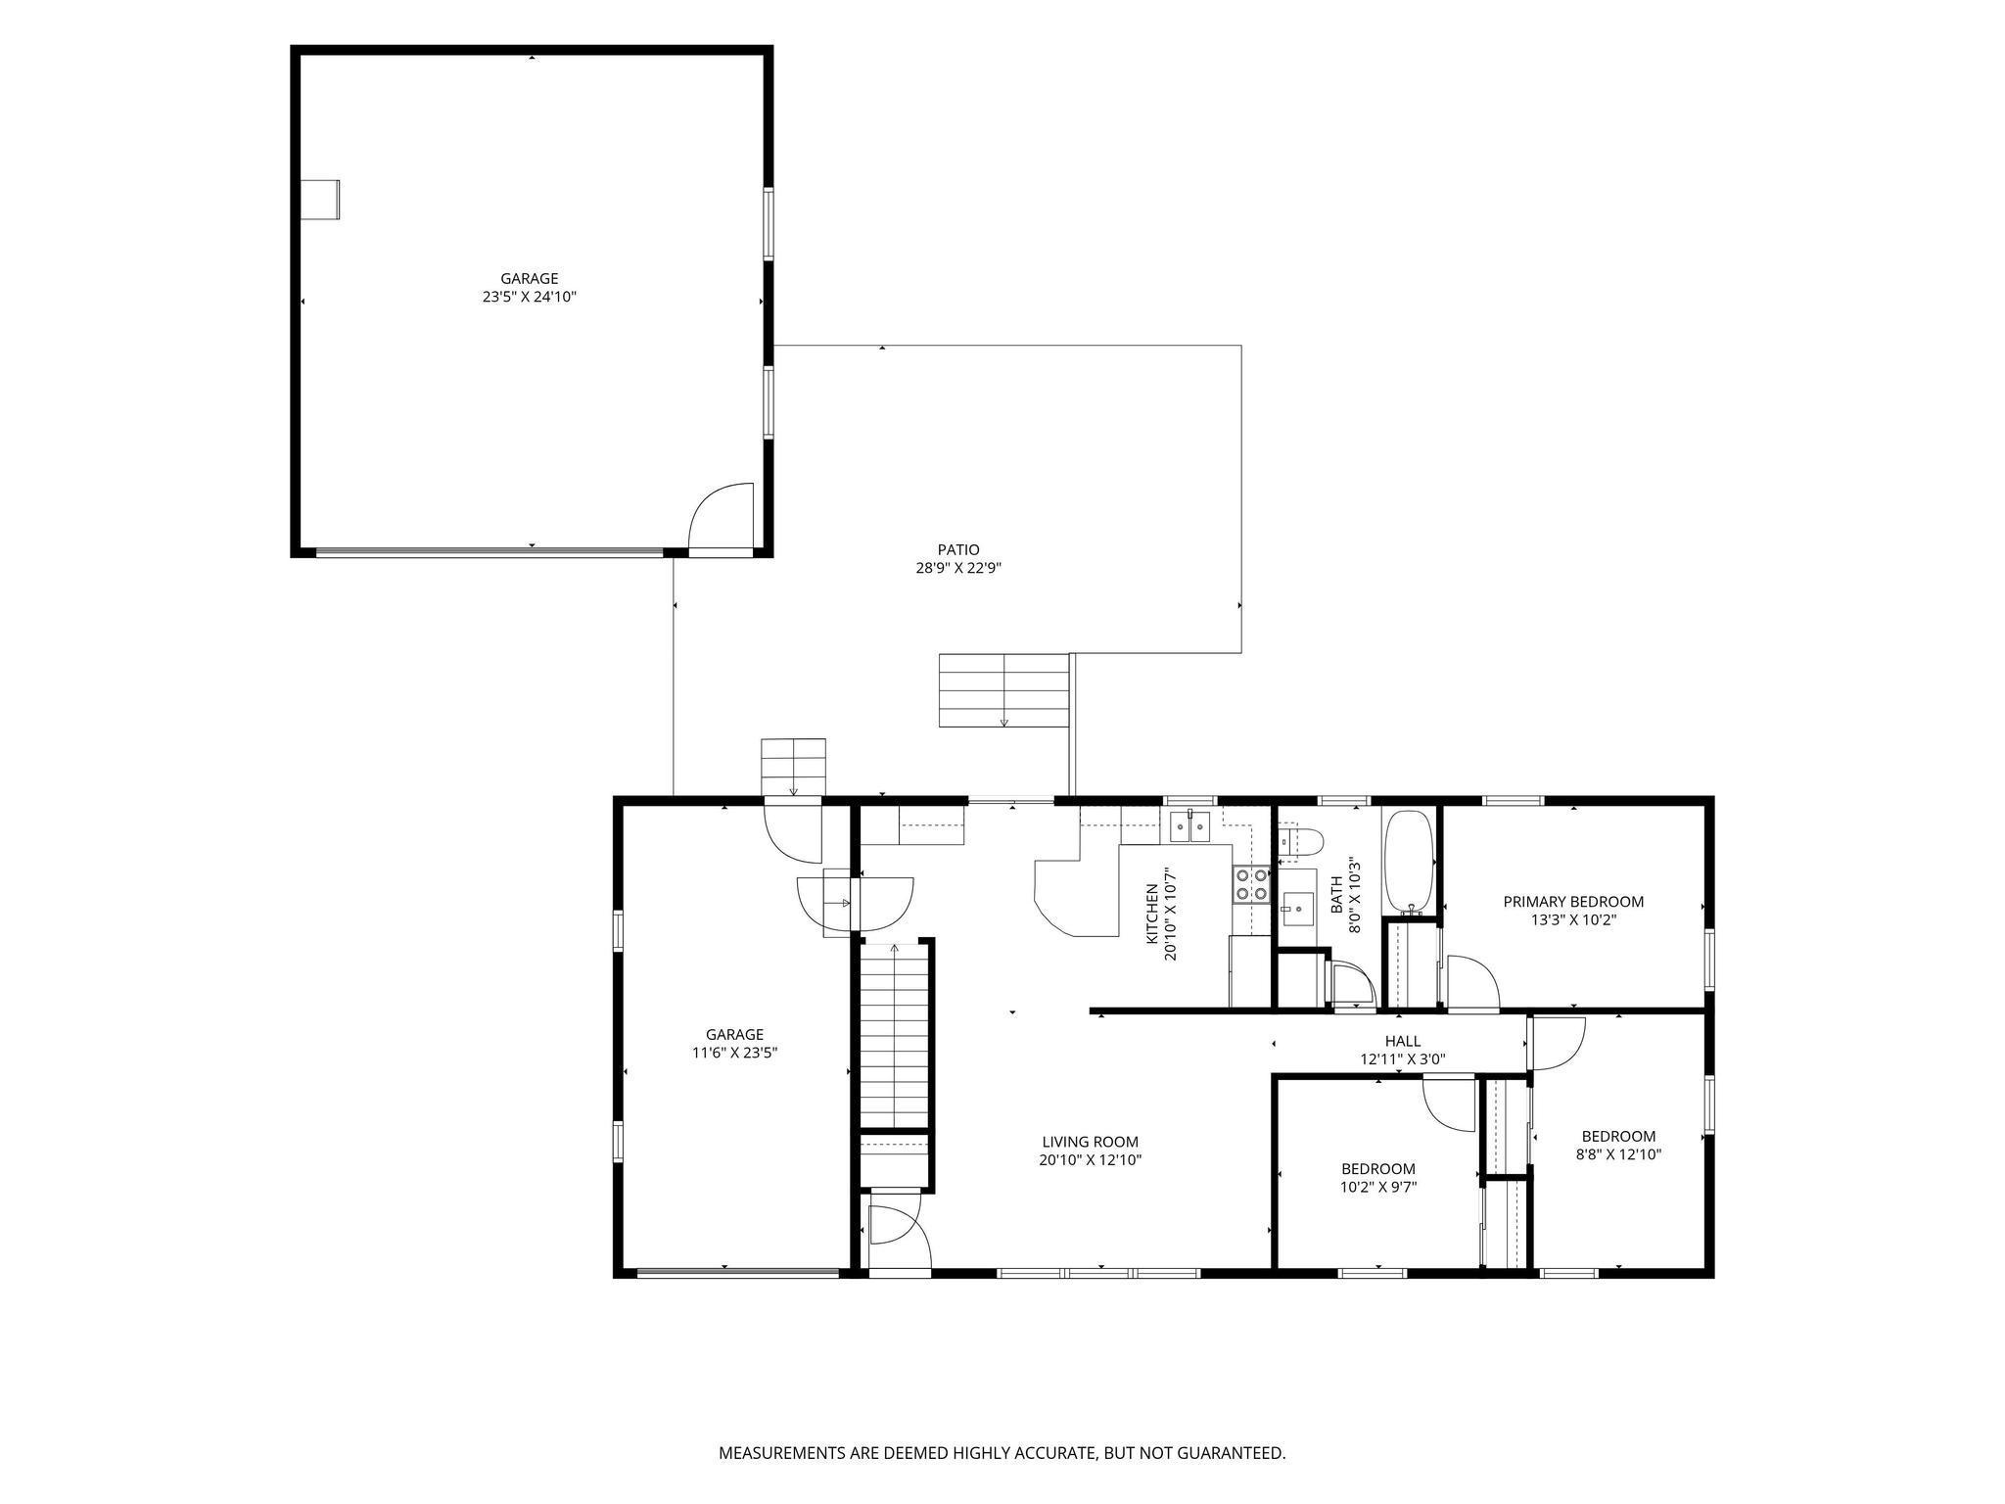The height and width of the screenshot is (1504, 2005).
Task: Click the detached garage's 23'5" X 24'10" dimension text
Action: pyautogui.click(x=529, y=297)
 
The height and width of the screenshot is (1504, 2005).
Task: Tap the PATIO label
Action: pyautogui.click(x=957, y=550)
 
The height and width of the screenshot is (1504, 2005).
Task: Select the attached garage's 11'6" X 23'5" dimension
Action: pyautogui.click(x=734, y=1053)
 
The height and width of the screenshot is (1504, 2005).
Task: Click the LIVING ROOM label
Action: pyautogui.click(x=1090, y=1142)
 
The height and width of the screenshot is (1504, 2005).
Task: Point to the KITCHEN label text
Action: pyautogui.click(x=1152, y=915)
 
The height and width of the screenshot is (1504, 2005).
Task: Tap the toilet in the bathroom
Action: pyautogui.click(x=1303, y=841)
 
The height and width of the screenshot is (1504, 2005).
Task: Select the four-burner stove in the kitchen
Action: pyautogui.click(x=1250, y=885)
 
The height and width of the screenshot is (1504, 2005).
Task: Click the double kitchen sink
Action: pyautogui.click(x=1190, y=827)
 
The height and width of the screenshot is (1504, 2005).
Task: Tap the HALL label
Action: pyautogui.click(x=1403, y=1041)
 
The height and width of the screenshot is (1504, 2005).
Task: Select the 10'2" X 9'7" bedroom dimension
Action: pyautogui.click(x=1378, y=1187)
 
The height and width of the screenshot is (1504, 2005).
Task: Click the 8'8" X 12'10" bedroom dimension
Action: pyautogui.click(x=1618, y=1154)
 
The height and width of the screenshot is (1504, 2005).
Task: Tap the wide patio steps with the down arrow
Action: pyautogui.click(x=1003, y=690)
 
